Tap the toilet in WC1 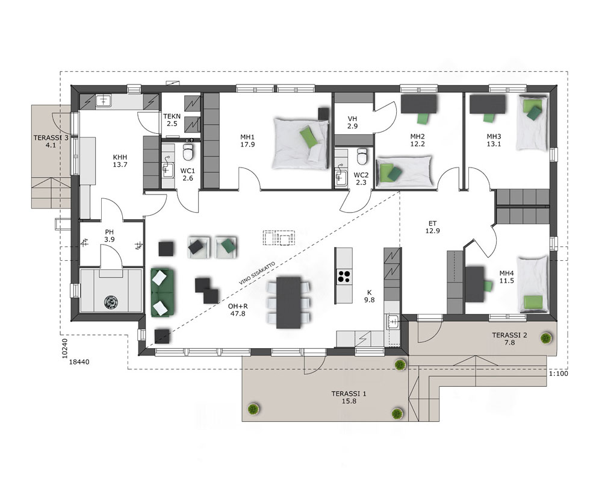click(x=188, y=152)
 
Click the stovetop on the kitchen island click(x=344, y=277)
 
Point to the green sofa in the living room click(x=163, y=292)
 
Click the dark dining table click(x=289, y=302)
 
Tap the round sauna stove click(x=111, y=302)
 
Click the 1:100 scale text click(x=558, y=374)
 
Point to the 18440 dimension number click(x=79, y=361)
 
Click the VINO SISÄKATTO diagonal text click(x=257, y=274)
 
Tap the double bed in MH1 click(x=300, y=143)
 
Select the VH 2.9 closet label click(x=352, y=122)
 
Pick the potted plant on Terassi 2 click(x=545, y=338)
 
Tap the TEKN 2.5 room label click(x=172, y=120)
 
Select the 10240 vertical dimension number click(x=64, y=348)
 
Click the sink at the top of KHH click(x=103, y=101)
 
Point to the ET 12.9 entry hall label click(x=433, y=227)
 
